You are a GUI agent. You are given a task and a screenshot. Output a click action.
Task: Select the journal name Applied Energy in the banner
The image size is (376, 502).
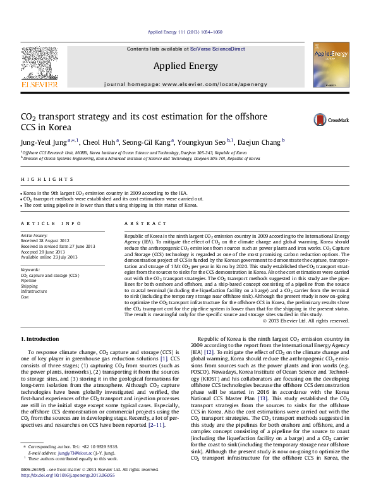[x=186, y=66]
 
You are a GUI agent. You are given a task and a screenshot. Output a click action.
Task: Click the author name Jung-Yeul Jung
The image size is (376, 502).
[x=40, y=142]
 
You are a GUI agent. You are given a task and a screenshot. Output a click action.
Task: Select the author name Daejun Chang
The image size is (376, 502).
[x=262, y=142]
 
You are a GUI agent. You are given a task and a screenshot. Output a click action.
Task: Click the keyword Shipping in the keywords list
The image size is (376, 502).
[x=29, y=286]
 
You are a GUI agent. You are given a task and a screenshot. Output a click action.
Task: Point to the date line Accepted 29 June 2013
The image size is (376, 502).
[x=45, y=251]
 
